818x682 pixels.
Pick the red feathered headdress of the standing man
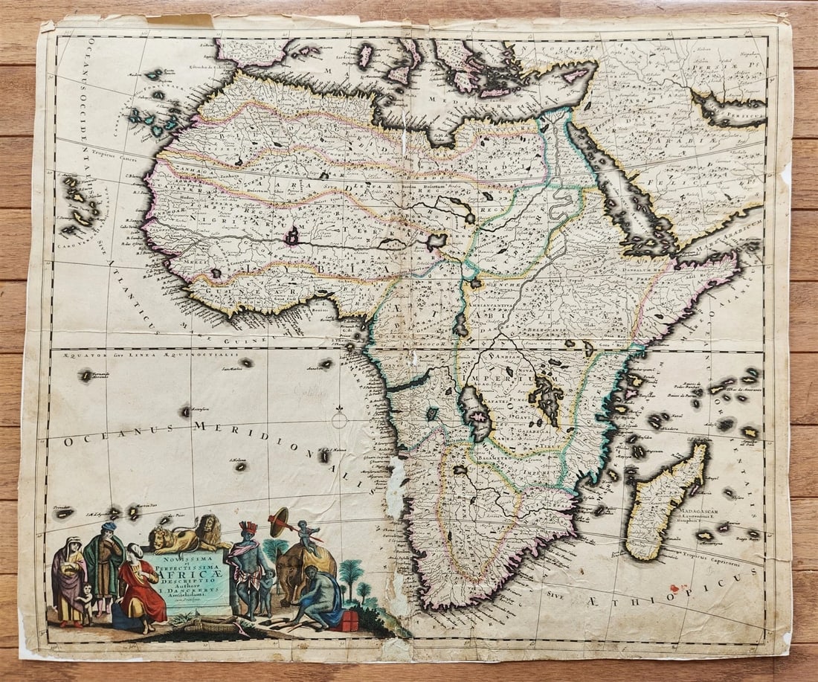248,528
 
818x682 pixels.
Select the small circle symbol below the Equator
339,420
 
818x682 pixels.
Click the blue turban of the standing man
110,527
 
